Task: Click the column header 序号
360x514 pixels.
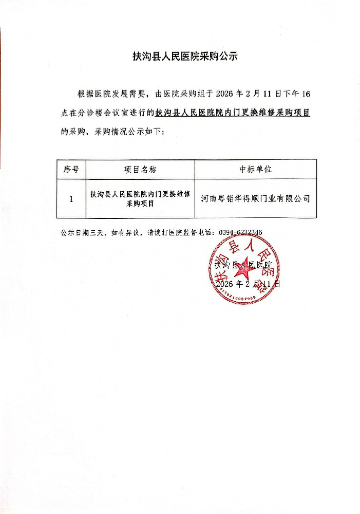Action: pos(71,169)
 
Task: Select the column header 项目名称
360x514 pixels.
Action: pos(140,169)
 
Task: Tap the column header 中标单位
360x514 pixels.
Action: pos(255,169)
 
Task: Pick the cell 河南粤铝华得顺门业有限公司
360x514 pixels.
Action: pos(255,198)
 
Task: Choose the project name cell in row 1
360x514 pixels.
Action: pos(140,198)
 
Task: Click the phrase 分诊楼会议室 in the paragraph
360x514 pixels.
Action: pos(105,112)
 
